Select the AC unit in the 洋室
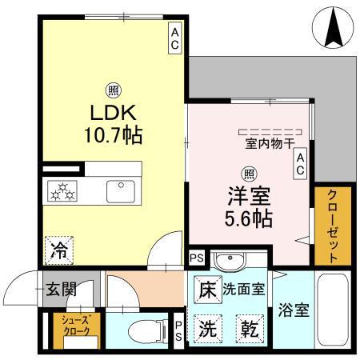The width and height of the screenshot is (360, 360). (x=301, y=165)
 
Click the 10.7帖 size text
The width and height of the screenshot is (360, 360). (x=116, y=134)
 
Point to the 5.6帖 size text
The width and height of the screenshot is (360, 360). (x=248, y=216)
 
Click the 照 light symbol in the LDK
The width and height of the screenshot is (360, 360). (x=116, y=90)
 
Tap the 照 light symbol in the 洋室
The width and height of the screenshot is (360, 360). (x=249, y=172)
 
